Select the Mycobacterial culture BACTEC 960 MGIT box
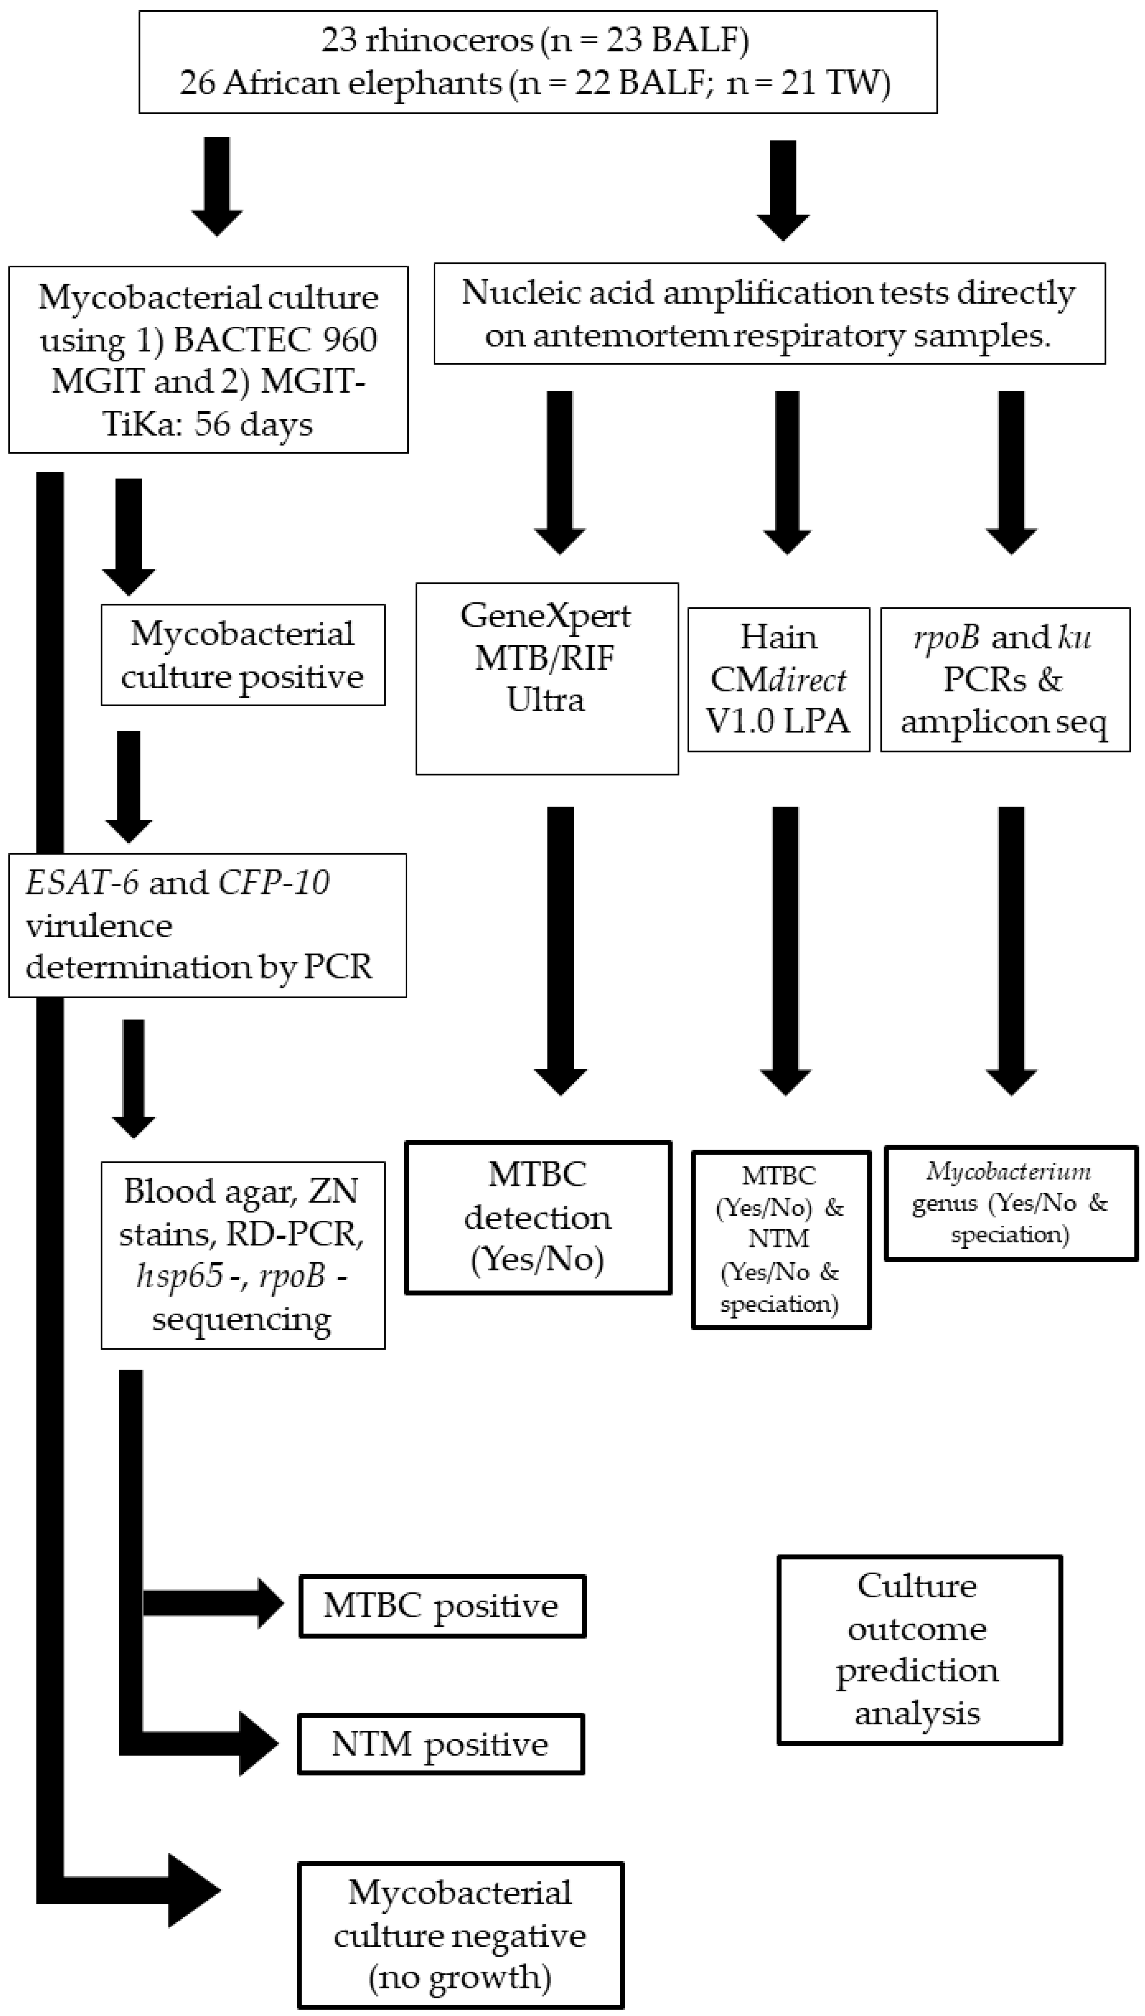(x=208, y=359)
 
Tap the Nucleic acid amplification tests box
(x=769, y=313)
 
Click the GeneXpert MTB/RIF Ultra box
(x=547, y=678)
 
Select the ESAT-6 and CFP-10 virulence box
(x=207, y=925)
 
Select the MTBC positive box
(x=442, y=1606)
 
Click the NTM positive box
(x=440, y=1744)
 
